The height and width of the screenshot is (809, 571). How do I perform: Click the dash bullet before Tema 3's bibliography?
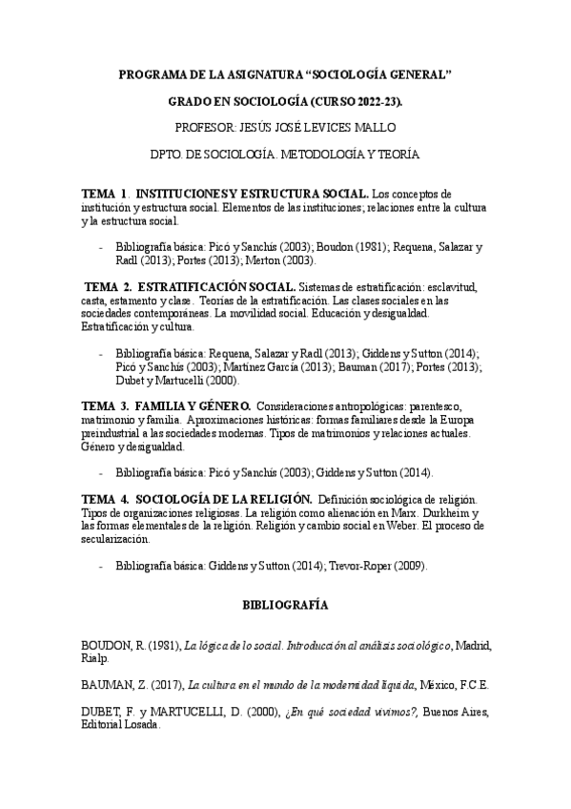[102, 473]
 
